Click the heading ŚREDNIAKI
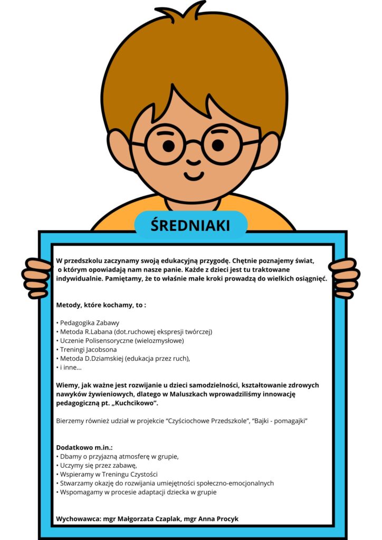tap(190, 225)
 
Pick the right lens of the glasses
tap(221, 144)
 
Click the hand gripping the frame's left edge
tap(37, 277)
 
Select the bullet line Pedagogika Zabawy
tap(88, 323)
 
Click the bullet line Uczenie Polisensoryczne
tap(120, 341)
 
